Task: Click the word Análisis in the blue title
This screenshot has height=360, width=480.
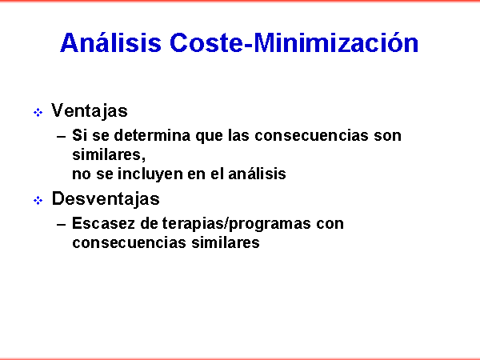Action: coord(110,42)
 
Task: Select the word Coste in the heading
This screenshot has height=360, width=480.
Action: coord(207,43)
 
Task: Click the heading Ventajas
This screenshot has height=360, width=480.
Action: coord(90,110)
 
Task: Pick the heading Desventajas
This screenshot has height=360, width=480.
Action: coord(106,198)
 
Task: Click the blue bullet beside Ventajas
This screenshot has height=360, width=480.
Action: coord(38,113)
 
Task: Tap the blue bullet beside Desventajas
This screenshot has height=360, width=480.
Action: coord(38,201)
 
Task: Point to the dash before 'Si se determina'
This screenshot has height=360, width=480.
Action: coord(62,137)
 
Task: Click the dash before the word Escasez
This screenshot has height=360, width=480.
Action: coord(62,225)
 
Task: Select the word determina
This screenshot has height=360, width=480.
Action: coord(152,135)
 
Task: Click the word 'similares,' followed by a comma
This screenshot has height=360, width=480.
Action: coord(109,154)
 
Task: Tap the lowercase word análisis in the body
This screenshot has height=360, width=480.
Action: coord(257,174)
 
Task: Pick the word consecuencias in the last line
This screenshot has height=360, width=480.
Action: coord(129,243)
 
